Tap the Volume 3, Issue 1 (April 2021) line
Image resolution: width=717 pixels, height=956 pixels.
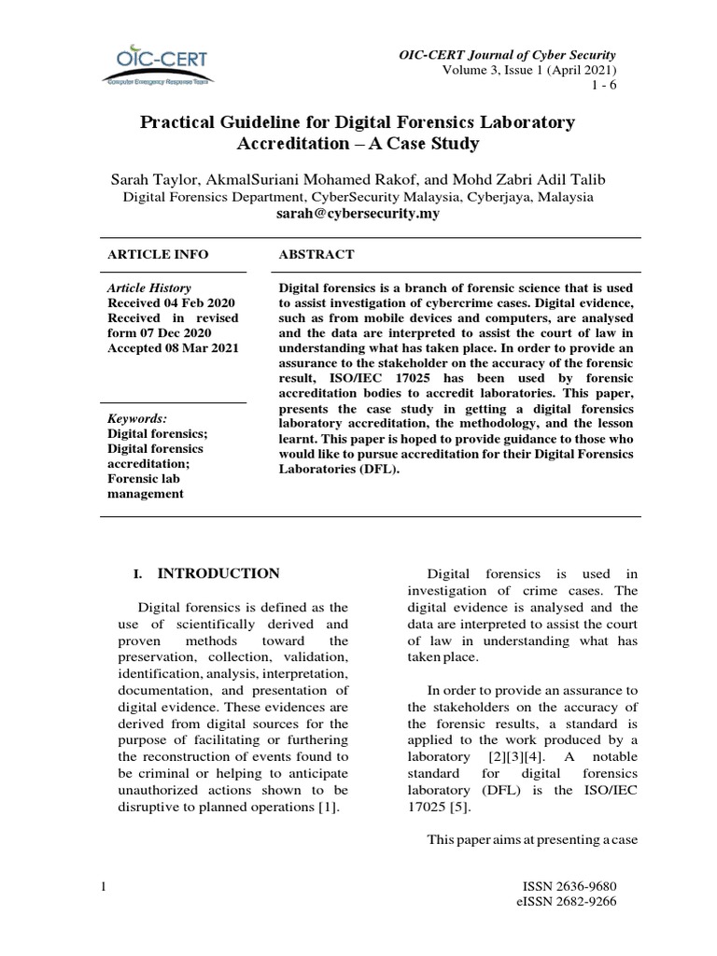click(x=529, y=70)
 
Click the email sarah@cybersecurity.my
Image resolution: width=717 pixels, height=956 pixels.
click(x=358, y=214)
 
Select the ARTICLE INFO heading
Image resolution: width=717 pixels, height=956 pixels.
click(x=158, y=254)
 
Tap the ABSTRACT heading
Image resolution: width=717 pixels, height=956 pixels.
click(x=316, y=254)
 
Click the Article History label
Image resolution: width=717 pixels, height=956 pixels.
click(x=149, y=288)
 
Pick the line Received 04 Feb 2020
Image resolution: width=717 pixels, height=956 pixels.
click(x=172, y=303)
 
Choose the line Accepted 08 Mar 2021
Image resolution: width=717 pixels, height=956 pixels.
click(x=173, y=348)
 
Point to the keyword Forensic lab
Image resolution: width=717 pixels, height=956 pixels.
click(x=147, y=479)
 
